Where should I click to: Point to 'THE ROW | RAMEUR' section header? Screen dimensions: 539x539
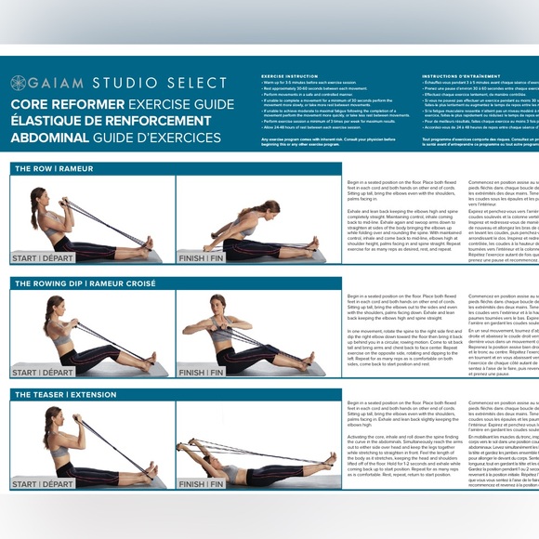pos(54,168)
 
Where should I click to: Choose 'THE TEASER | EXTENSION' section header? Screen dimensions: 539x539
pos(65,395)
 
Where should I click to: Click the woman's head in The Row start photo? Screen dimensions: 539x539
pos(38,196)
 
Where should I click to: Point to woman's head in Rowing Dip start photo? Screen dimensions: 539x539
pos(51,306)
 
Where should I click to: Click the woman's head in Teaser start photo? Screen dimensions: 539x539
pos(52,419)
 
